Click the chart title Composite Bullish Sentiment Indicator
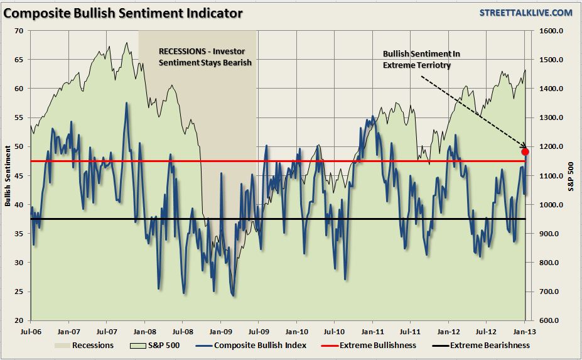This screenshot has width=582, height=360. pyautogui.click(x=123, y=13)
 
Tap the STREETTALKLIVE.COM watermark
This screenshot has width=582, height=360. pyautogui.click(x=525, y=13)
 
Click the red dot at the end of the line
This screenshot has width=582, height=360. pyautogui.click(x=525, y=151)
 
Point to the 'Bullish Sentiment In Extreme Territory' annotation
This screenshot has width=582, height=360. pyautogui.click(x=418, y=59)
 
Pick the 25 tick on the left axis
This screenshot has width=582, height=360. pyautogui.click(x=19, y=292)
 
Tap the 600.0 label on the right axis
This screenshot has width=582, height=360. pyautogui.click(x=548, y=320)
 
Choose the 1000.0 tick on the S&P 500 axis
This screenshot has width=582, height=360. pyautogui.click(x=548, y=205)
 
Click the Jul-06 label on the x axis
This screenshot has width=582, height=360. pyautogui.click(x=31, y=331)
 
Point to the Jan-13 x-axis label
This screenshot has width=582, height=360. pyautogui.click(x=524, y=331)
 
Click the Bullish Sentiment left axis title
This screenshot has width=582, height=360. pyautogui.click(x=8, y=175)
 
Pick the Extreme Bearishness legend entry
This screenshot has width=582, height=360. pyautogui.click(x=482, y=345)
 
